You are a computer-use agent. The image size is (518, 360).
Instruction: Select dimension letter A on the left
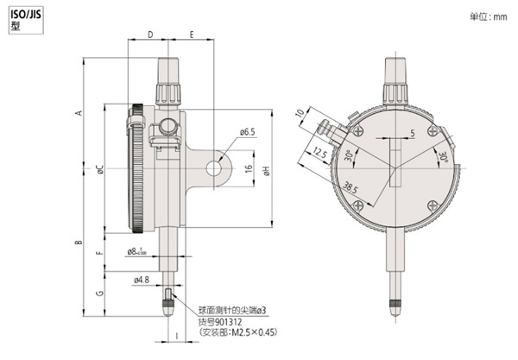(x=79, y=114)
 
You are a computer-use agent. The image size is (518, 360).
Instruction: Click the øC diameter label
(x=100, y=170)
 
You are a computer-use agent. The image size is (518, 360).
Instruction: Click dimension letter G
(x=100, y=294)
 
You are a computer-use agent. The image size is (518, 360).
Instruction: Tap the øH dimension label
(x=268, y=170)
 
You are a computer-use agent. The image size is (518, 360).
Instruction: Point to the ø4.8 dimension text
(x=142, y=279)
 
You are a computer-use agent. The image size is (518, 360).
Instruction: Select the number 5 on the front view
(x=414, y=132)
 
